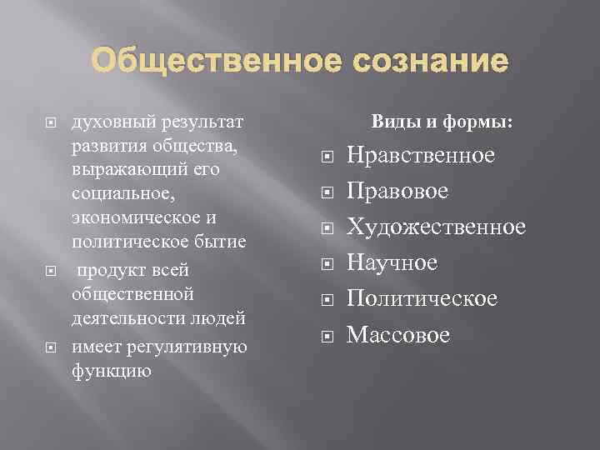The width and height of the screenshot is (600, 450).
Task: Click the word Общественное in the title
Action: [199, 61]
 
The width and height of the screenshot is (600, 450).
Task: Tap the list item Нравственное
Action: [421, 156]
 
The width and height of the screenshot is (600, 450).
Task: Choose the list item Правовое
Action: [397, 192]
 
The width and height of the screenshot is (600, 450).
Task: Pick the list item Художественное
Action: [437, 227]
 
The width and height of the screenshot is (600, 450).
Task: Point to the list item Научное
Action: [392, 263]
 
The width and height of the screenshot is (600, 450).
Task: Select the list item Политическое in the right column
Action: [422, 298]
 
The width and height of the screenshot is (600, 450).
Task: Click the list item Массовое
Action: [398, 335]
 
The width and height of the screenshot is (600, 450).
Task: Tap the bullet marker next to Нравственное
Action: [327, 157]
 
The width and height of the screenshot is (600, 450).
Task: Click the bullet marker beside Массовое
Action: [327, 336]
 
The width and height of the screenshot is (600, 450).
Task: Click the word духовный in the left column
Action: [104, 123]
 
